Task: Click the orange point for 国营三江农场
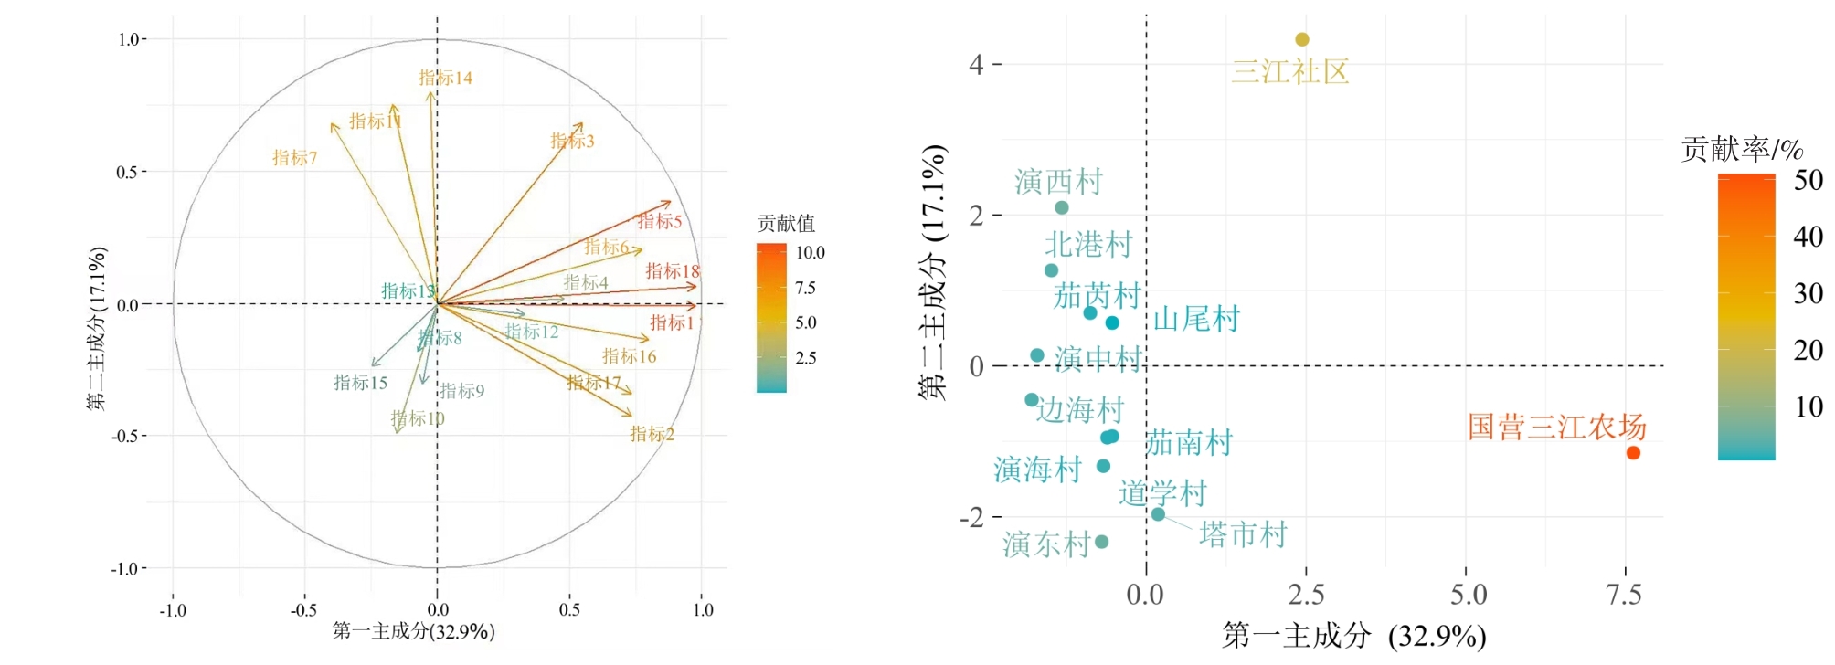(1633, 453)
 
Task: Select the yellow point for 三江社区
(1302, 39)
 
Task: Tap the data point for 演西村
(1062, 208)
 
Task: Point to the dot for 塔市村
(1158, 514)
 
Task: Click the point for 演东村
(1102, 542)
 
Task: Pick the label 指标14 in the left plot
(445, 78)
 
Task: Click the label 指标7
(294, 158)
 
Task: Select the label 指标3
(572, 141)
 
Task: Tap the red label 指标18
(673, 270)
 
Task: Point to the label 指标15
(360, 383)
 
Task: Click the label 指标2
(652, 434)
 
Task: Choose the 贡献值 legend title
(786, 223)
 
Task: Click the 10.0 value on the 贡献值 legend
(810, 253)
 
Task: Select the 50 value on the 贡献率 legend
(1808, 180)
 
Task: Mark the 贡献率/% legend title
(1742, 149)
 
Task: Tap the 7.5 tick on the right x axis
(1624, 596)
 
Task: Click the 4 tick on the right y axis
(977, 65)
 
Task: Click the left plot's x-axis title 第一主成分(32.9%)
(413, 631)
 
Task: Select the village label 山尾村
(1196, 319)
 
